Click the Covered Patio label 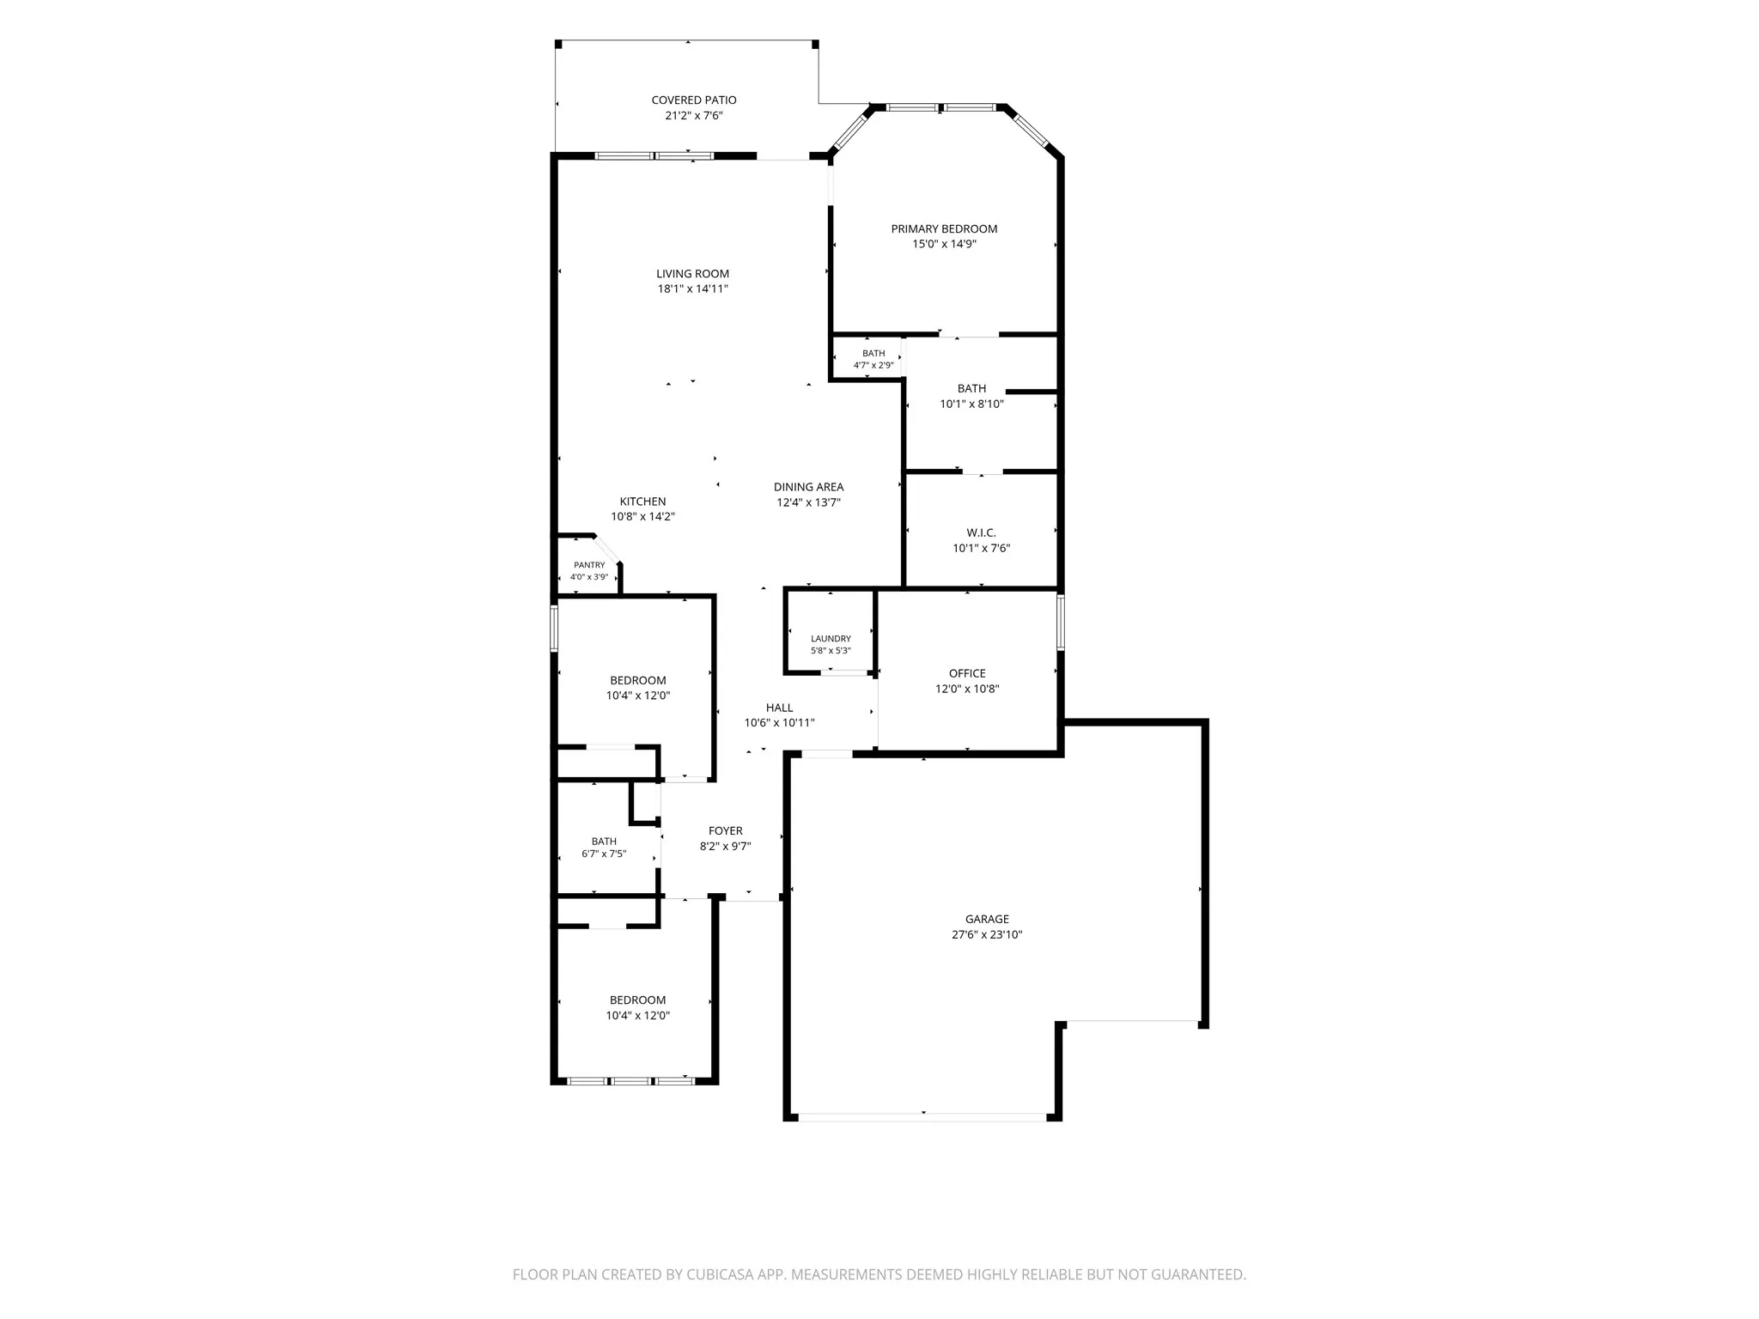pos(694,100)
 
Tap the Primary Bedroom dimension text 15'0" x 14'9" pos(944,244)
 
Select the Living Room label pos(693,274)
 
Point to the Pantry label pos(589,565)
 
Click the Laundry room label pos(831,639)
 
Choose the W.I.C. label pos(981,533)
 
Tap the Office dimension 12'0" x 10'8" pos(967,689)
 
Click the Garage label pos(987,920)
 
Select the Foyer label pos(726,831)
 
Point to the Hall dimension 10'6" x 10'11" pos(779,723)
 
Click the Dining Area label pos(808,488)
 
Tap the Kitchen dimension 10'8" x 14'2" pos(643,517)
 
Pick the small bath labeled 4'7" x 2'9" pos(873,359)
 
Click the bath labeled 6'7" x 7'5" pos(604,848)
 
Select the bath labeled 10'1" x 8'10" pos(971,396)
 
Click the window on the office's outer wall pos(1061,622)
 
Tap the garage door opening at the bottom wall pos(923,1117)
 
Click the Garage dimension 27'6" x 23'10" pos(987,935)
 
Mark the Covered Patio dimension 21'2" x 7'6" pos(694,116)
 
